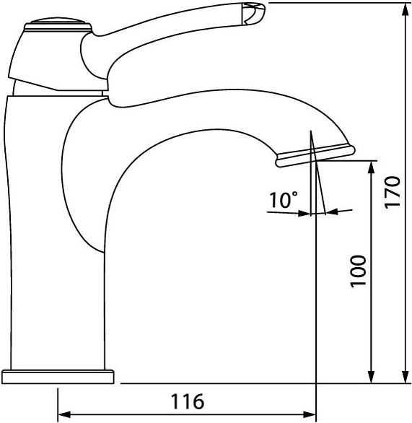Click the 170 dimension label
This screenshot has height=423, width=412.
[393, 192]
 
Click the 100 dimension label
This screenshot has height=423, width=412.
[359, 271]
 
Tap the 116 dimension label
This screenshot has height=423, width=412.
[188, 401]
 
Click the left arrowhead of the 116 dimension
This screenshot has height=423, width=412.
[64, 414]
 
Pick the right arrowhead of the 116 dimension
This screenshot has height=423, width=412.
[310, 414]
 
